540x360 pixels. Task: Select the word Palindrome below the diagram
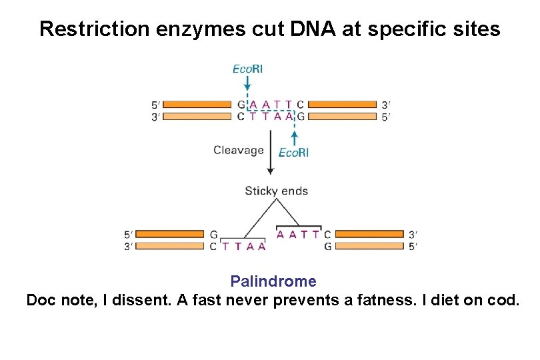pos(273,281)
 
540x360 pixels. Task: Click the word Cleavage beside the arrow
pos(239,151)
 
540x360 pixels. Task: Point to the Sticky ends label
pos(277,191)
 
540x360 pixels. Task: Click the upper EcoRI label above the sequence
pos(247,68)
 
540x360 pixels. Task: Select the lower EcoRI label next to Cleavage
pos(293,153)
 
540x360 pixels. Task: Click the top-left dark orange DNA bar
pos(197,105)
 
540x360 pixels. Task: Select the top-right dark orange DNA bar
pos(344,105)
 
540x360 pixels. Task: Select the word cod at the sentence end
pos(503,301)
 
